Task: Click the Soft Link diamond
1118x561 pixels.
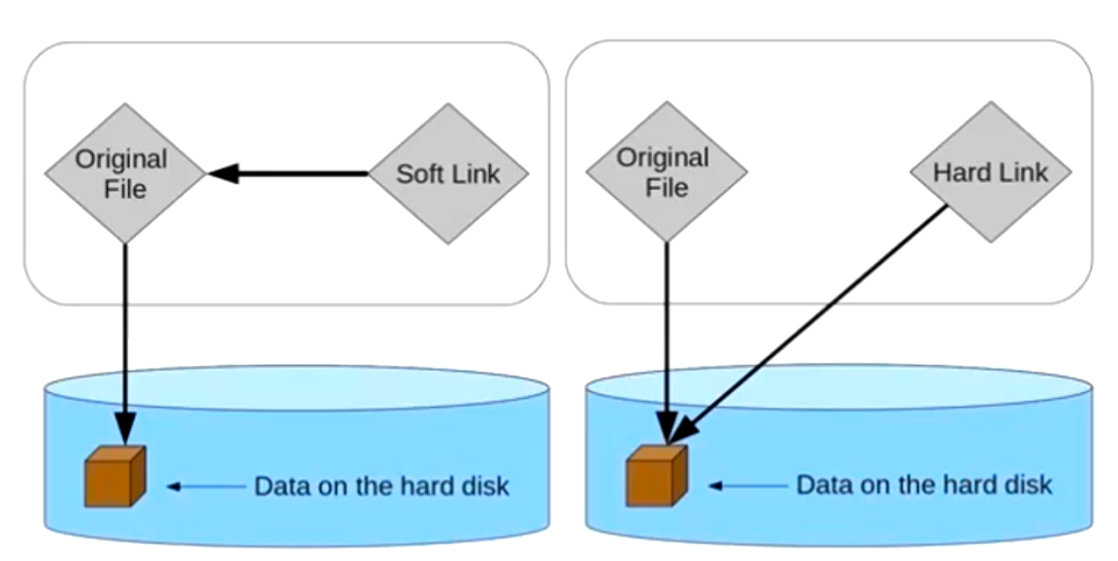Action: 448,175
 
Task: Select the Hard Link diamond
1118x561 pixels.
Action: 990,173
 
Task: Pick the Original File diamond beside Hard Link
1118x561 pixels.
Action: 666,172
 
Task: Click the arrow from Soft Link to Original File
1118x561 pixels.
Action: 291,175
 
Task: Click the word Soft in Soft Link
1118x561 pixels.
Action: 419,175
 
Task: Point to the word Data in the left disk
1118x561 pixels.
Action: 277,485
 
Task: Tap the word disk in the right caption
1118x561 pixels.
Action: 1031,484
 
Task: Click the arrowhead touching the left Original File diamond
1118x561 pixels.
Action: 223,175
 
